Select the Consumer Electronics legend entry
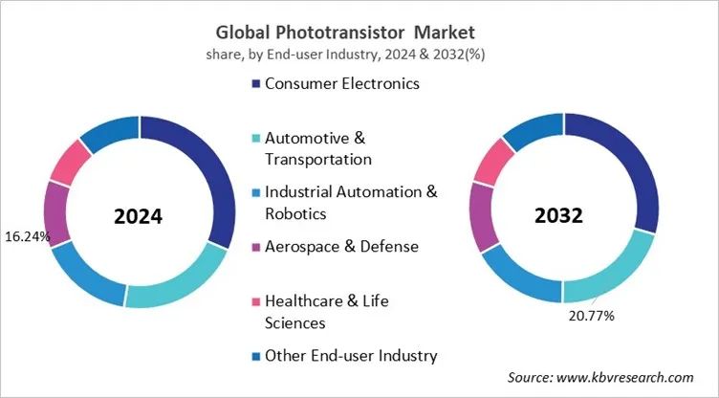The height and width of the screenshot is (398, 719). pos(341,83)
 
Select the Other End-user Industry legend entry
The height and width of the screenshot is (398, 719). pos(350,355)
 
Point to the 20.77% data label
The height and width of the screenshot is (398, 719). pos(590,314)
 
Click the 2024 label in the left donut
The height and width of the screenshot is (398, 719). pos(139,216)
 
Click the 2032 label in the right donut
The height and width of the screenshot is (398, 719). pos(559,216)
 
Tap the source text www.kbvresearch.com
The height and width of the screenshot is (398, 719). pos(601,378)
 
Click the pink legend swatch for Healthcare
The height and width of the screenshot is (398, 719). pos(255,301)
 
